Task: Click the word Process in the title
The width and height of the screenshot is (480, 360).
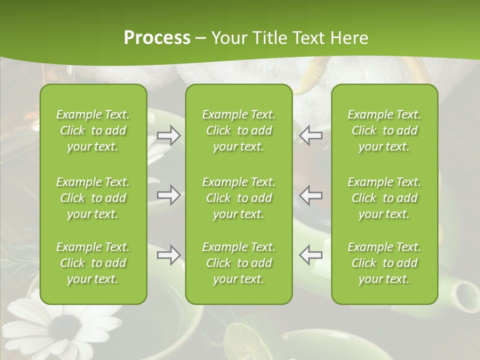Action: click(157, 38)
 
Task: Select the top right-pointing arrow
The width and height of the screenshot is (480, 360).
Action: click(168, 135)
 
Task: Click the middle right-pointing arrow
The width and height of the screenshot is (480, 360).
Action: click(168, 195)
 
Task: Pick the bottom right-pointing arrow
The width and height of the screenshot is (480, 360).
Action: click(168, 255)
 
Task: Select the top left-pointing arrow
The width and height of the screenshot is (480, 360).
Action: click(310, 135)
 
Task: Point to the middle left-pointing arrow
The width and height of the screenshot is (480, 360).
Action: click(310, 195)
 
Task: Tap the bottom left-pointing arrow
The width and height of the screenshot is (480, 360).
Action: click(310, 255)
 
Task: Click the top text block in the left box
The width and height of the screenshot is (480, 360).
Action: click(93, 130)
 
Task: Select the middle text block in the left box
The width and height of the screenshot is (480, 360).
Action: click(93, 198)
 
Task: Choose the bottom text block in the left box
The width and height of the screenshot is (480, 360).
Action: click(93, 263)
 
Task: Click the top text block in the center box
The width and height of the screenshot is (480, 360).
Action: click(238, 130)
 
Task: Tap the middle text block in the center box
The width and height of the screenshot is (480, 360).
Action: click(238, 198)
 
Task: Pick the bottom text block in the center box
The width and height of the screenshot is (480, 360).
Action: click(238, 263)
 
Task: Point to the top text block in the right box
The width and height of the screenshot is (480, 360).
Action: click(384, 130)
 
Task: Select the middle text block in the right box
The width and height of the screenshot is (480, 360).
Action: click(384, 198)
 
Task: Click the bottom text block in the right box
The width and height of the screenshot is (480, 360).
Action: click(384, 263)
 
